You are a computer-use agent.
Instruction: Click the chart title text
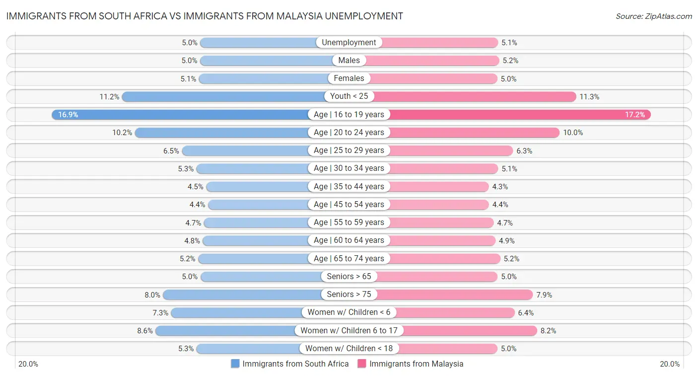(x=205, y=16)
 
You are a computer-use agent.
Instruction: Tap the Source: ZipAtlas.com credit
(x=653, y=16)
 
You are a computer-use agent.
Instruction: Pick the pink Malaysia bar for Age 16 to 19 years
(x=516, y=115)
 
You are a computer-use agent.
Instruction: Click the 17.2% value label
(x=635, y=115)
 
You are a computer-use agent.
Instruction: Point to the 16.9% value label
(x=68, y=115)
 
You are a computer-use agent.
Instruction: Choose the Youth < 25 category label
(x=349, y=96)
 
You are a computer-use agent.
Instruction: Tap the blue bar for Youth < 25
(x=223, y=96)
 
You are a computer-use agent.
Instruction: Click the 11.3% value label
(x=589, y=97)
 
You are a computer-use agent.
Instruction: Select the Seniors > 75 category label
(x=349, y=295)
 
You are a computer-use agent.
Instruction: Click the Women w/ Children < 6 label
(x=349, y=312)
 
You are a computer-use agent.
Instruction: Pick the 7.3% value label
(x=160, y=313)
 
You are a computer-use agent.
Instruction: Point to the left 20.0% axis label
(x=28, y=364)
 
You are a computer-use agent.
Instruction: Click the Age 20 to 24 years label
(x=349, y=133)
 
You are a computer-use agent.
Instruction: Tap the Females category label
(x=349, y=78)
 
